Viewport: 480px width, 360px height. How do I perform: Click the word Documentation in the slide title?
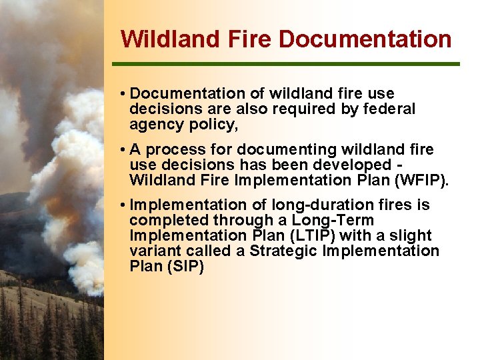point(365,39)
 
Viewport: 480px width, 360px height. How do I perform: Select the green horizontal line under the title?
point(286,64)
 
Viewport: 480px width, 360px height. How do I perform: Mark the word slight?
point(411,236)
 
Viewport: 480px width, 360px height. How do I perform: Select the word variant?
point(153,251)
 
